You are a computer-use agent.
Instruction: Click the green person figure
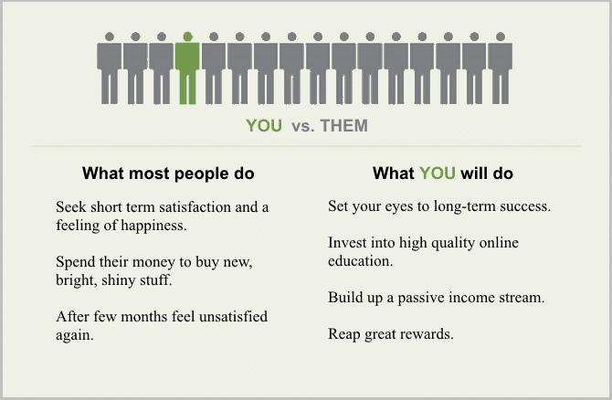point(187,68)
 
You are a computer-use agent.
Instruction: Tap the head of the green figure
point(188,37)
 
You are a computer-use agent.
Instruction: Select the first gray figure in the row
point(110,68)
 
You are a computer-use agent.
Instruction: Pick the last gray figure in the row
point(501,68)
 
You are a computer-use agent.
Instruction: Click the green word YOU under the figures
point(264,126)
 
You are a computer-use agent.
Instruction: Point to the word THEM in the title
point(343,126)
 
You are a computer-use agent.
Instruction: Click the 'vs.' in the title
point(303,126)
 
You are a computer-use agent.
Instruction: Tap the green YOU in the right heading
point(438,173)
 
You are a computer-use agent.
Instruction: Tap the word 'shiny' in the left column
point(117,280)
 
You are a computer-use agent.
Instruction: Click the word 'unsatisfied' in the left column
point(234,316)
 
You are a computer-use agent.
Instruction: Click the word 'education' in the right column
point(360,261)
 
